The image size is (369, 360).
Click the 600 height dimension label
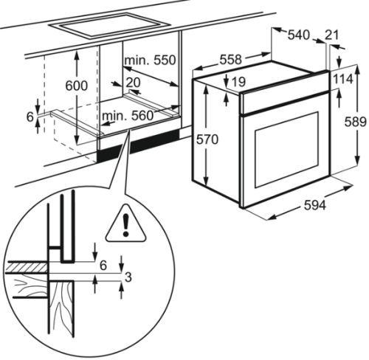point(77,86)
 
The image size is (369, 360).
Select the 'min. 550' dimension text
point(151,60)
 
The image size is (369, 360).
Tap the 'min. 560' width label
point(128,116)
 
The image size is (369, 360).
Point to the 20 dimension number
point(133,83)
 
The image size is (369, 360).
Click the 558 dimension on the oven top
point(231,60)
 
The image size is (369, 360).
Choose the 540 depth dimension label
point(299,35)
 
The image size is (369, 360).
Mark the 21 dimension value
point(332,35)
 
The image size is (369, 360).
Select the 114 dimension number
point(343,79)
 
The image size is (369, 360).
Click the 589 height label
point(355,122)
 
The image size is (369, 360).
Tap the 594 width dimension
point(315,205)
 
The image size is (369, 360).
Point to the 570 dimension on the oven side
point(207,139)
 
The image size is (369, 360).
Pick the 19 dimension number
point(238,82)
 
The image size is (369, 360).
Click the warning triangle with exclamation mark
point(125,225)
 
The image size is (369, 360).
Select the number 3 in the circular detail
point(128,277)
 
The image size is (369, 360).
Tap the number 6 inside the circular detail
point(103,266)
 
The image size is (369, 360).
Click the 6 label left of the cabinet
point(30,117)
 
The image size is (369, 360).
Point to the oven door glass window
point(287,150)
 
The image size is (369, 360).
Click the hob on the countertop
point(110,26)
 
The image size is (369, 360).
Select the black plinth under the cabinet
point(138,145)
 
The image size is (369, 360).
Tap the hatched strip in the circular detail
point(26,267)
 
